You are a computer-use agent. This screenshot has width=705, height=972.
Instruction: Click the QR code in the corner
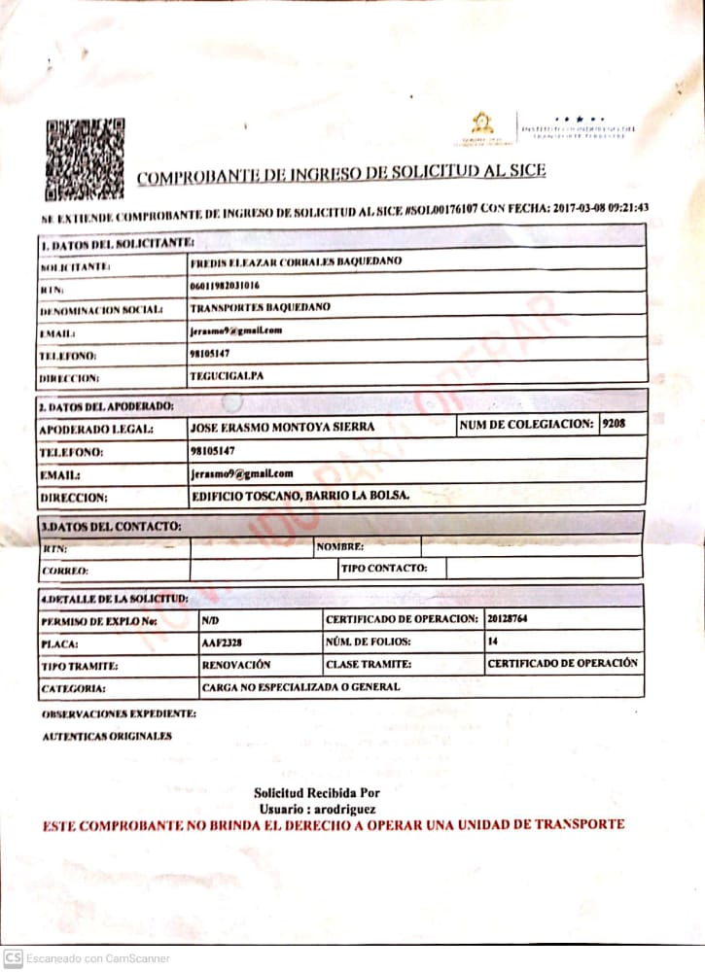pyautogui.click(x=85, y=157)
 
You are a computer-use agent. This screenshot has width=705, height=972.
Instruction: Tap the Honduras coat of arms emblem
pyautogui.click(x=481, y=126)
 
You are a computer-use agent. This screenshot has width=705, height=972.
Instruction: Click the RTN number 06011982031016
pyautogui.click(x=225, y=287)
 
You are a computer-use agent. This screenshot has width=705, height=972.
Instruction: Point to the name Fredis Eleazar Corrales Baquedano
pyautogui.click(x=296, y=262)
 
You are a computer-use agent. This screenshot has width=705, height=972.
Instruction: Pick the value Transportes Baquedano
pyautogui.click(x=260, y=308)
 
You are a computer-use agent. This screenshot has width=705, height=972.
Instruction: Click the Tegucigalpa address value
pyautogui.click(x=223, y=374)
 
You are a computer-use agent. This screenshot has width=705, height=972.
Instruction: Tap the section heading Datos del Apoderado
pyautogui.click(x=106, y=404)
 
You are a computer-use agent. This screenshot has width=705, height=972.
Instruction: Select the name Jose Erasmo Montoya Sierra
pyautogui.click(x=282, y=427)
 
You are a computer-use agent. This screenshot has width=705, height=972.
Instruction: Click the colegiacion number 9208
pyautogui.click(x=615, y=424)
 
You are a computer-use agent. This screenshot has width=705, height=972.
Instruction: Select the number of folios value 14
pyautogui.click(x=493, y=642)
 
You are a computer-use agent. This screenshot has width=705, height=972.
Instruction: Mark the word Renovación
pyautogui.click(x=235, y=665)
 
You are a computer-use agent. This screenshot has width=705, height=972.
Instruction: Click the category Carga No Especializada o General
pyautogui.click(x=300, y=687)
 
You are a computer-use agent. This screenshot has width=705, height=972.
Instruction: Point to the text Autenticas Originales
pyautogui.click(x=107, y=736)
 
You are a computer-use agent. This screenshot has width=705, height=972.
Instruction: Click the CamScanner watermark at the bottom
pyautogui.click(x=85, y=958)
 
